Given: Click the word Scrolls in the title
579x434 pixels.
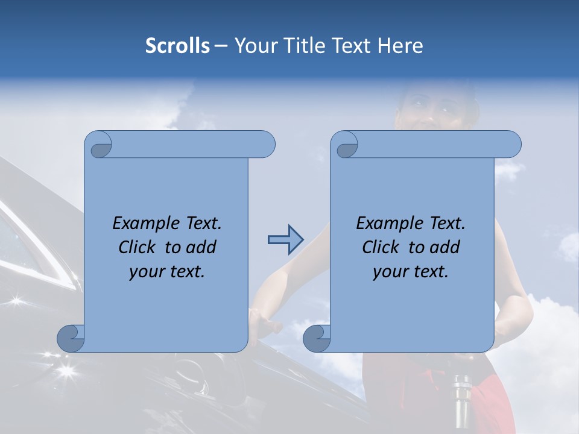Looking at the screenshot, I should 177,46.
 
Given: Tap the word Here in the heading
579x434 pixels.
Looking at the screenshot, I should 400,46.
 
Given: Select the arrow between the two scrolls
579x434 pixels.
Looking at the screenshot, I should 285,240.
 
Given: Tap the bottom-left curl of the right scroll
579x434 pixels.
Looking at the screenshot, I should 317,338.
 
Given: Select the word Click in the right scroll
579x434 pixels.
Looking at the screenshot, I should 381,247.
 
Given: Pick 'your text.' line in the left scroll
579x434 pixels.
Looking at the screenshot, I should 167,271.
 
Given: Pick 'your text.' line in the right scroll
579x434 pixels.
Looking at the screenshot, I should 410,271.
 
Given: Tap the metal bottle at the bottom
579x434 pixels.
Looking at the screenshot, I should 463,404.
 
